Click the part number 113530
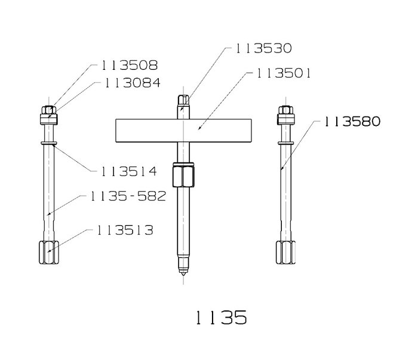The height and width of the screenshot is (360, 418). pyautogui.click(x=263, y=48)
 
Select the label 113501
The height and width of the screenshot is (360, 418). pyautogui.click(x=284, y=73)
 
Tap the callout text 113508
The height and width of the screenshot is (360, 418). pyautogui.click(x=130, y=65)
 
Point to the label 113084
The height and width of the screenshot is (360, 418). pyautogui.click(x=132, y=83)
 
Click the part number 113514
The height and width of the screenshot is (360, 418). pyautogui.click(x=129, y=171)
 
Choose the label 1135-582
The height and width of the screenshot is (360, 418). pyautogui.click(x=128, y=196)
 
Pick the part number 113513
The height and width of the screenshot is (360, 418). pyautogui.click(x=125, y=230)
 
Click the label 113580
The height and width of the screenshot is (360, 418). pyautogui.click(x=352, y=122)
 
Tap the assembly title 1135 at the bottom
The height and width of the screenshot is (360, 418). pyautogui.click(x=222, y=318)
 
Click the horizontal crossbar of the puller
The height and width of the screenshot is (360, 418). pyautogui.click(x=183, y=130)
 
